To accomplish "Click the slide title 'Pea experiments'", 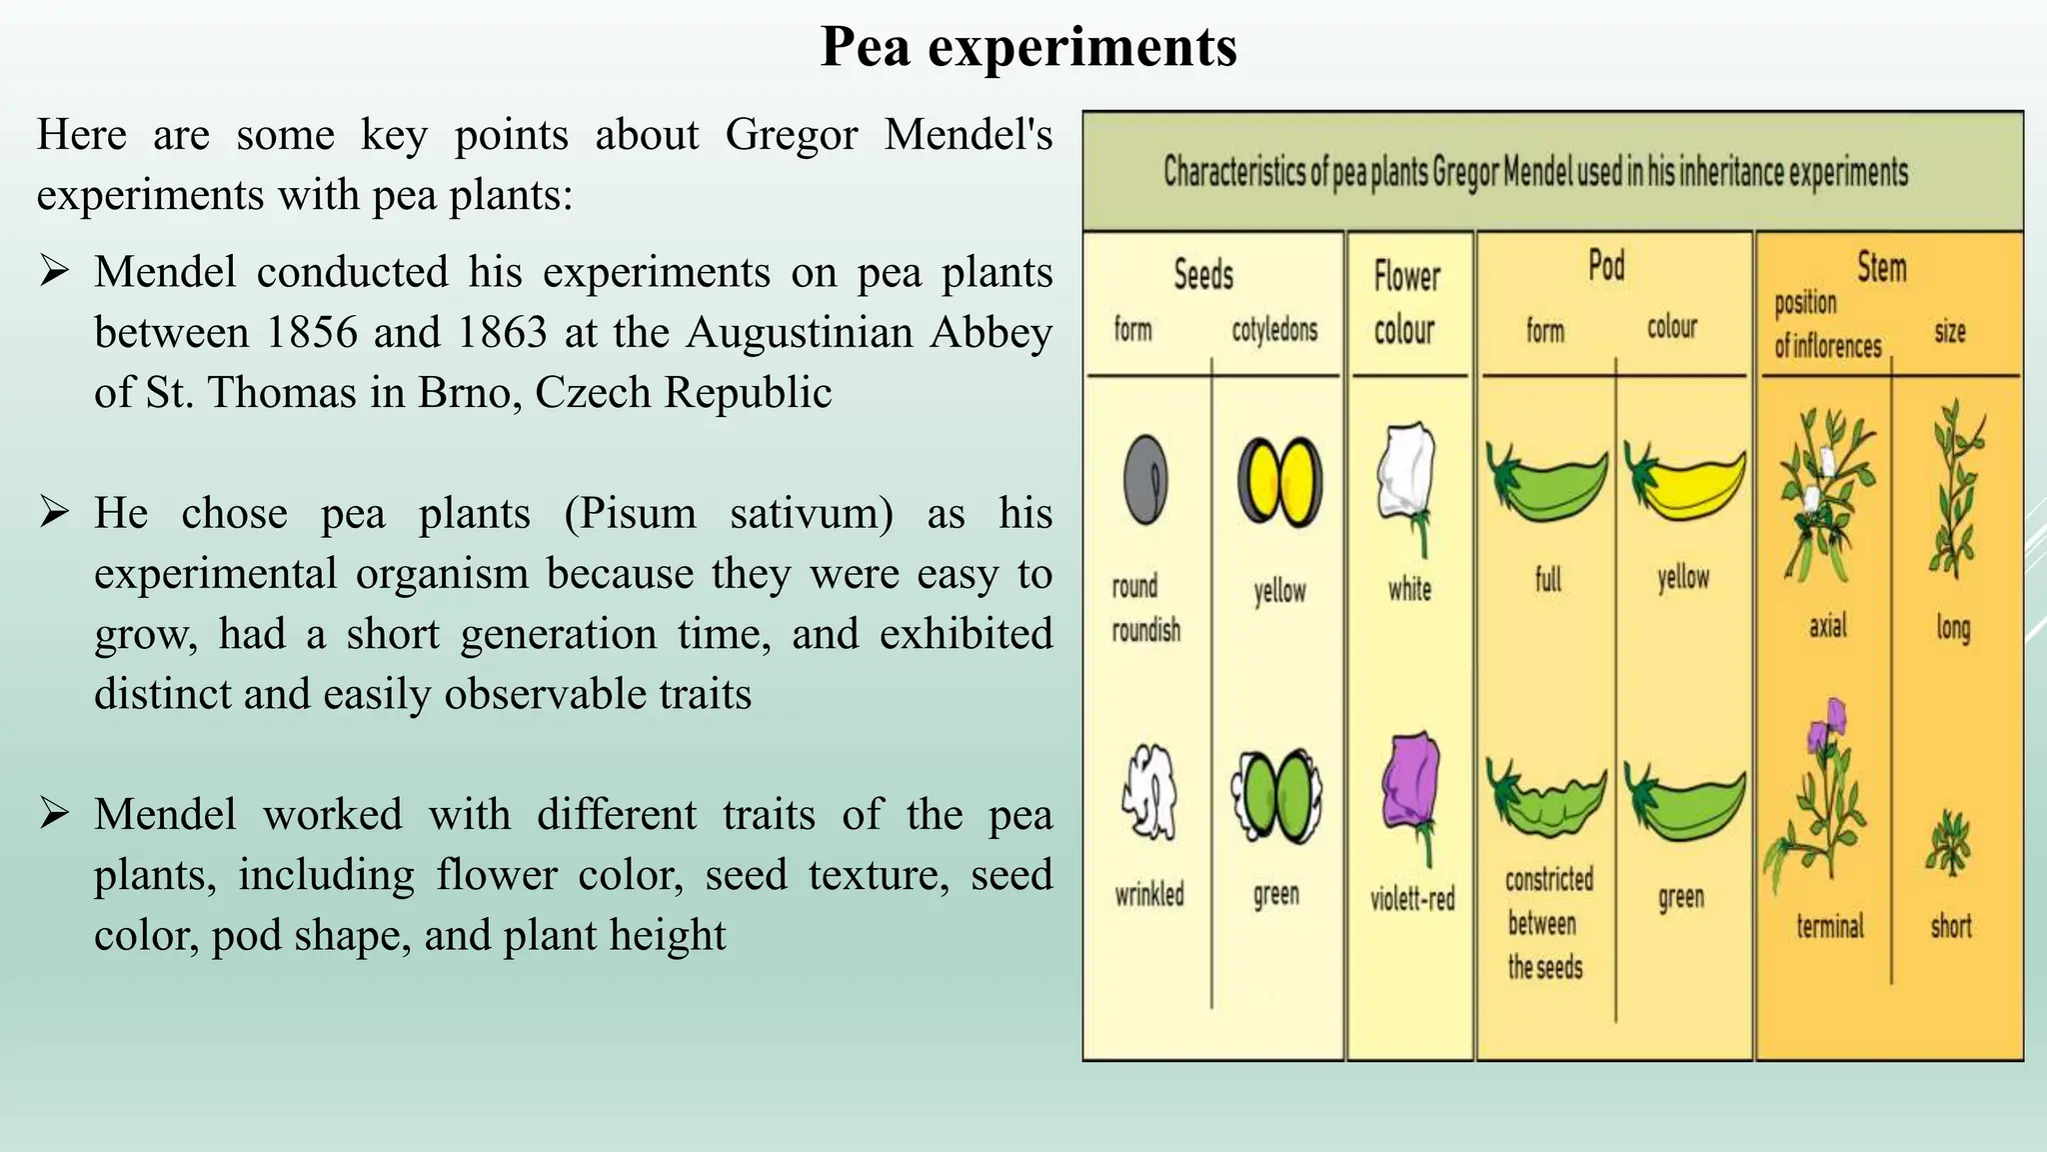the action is point(1027,47).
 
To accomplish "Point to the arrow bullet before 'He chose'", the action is point(54,512).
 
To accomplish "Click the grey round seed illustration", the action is point(1145,479).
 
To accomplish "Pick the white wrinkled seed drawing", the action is point(1148,791).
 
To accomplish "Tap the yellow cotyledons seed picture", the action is point(1279,481).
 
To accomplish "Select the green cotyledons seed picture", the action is point(1276,795).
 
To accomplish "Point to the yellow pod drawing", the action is point(1685,482).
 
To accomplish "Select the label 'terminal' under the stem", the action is point(1829,927).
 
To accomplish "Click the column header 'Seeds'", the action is point(1203,274).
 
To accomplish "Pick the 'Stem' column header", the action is point(1881,267).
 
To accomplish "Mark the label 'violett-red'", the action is point(1411,899).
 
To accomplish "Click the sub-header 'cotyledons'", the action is point(1274,329).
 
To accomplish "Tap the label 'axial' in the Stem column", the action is point(1827,627).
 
